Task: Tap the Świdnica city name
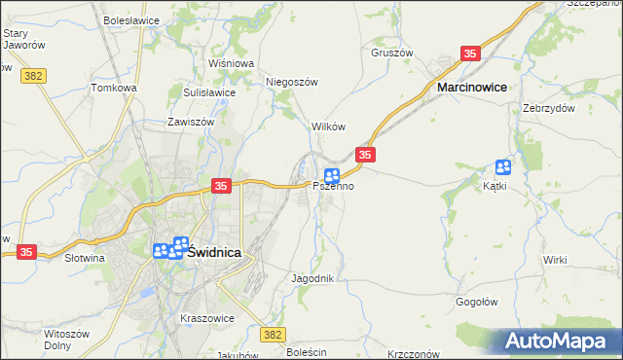(x=214, y=251)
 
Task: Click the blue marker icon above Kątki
(x=503, y=166)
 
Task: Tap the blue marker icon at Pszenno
(x=332, y=175)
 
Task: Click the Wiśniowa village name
(x=231, y=63)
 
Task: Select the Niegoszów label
(x=293, y=83)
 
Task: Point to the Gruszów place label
(x=392, y=53)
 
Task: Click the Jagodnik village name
(x=312, y=278)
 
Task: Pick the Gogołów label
(x=478, y=302)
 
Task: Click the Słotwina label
(x=84, y=259)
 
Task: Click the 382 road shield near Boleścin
(x=274, y=334)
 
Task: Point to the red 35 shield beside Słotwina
(x=26, y=251)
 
